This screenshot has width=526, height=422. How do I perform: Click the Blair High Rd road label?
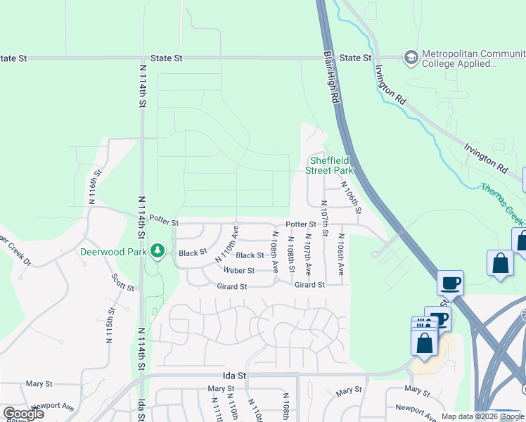333,77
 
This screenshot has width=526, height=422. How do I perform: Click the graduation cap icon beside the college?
410,55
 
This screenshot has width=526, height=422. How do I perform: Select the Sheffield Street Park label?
329,165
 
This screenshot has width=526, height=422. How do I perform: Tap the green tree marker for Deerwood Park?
158,250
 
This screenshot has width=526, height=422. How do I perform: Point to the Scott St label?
122,282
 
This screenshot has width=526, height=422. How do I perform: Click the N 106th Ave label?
341,255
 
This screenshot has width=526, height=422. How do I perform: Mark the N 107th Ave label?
308,259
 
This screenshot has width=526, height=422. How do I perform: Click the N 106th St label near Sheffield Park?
351,197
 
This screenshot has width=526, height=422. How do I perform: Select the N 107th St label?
324,217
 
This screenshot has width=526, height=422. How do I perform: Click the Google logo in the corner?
24,413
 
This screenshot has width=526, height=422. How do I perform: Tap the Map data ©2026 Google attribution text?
482,416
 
